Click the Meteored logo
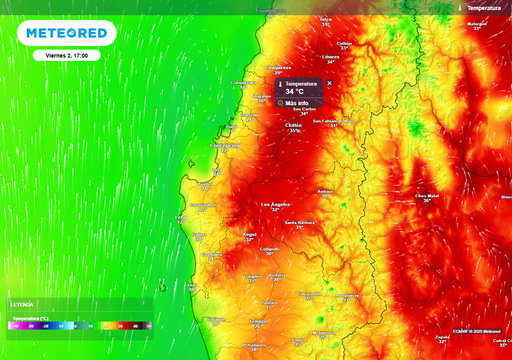66,33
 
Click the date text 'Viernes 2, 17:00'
66,56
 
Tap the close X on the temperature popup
330,83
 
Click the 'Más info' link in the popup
297,102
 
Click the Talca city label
325,19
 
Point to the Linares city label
331,57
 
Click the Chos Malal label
427,196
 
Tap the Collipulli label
269,249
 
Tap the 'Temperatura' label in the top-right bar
486,7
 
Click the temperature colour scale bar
78,325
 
